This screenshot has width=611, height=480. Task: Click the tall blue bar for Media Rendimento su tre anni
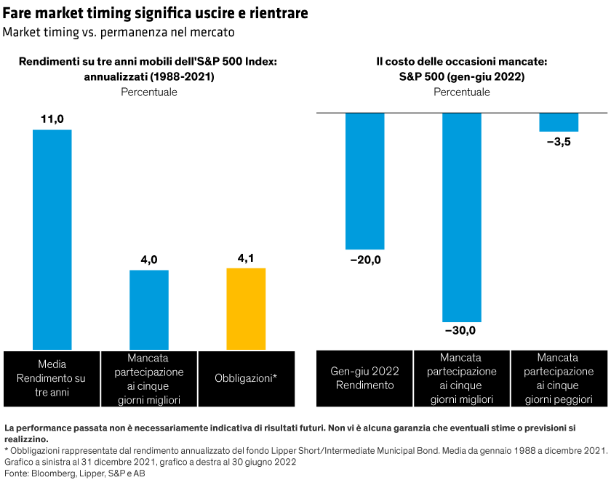(52, 239)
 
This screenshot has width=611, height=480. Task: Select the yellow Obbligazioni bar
(246, 308)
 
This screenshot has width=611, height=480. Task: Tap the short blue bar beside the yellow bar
(149, 310)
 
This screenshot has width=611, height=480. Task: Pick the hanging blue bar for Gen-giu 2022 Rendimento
(365, 182)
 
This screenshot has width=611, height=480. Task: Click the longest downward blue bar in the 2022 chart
(462, 217)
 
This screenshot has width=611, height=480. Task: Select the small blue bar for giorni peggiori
(559, 122)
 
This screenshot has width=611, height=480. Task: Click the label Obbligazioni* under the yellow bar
(246, 378)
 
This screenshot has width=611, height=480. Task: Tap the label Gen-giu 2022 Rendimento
(365, 378)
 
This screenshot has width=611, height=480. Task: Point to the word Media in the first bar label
(52, 364)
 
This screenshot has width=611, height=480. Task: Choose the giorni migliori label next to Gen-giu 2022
(462, 399)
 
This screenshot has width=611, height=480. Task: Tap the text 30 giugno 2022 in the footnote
(263, 462)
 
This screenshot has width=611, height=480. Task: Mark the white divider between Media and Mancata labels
(101, 378)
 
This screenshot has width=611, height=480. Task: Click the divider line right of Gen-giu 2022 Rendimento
(413, 378)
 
